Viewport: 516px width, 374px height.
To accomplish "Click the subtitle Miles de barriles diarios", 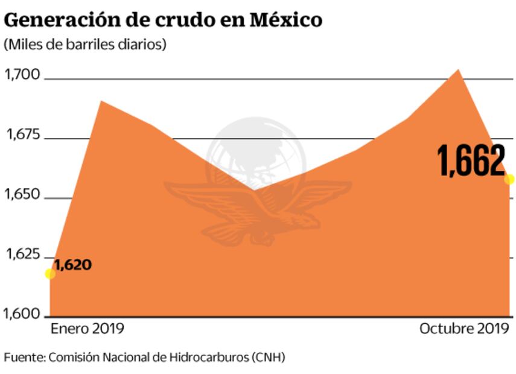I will [84, 45].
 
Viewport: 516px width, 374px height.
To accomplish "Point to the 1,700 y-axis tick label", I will [22, 75].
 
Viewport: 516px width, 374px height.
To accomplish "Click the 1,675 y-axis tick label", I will [22, 135].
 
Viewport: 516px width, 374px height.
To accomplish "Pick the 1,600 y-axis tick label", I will [22, 314].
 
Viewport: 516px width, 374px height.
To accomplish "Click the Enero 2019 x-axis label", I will [87, 329].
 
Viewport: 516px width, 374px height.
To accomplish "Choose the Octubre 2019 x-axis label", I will [464, 329].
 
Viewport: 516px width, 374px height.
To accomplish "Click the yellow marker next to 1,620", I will [50, 274].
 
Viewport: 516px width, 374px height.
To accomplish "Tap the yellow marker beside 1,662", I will [509, 179].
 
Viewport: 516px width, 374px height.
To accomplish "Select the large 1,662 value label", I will [471, 162].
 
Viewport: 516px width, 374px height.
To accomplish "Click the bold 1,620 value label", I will [73, 264].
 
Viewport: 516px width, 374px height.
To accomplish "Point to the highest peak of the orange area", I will [458, 71].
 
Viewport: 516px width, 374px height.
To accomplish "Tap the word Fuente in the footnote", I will [23, 357].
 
